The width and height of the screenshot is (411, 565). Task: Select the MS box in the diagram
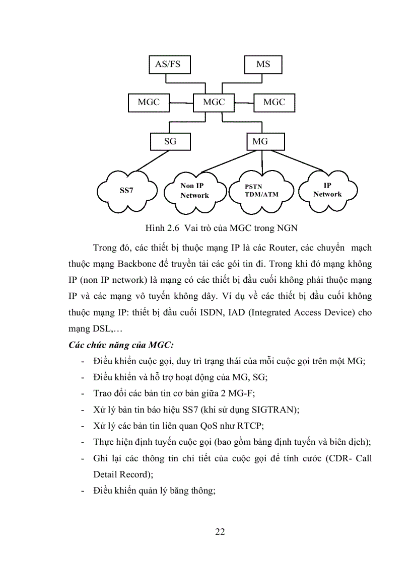263,64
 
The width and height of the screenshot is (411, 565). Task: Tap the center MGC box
214,102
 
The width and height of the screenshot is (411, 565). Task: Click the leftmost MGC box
149,102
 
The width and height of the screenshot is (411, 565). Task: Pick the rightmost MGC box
274,102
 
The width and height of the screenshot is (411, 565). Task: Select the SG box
171,141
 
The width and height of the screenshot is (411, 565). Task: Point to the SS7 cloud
126,191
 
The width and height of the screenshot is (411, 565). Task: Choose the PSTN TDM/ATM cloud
261,191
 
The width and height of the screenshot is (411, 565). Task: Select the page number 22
220,532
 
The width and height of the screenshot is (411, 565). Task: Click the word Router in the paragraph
284,248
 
